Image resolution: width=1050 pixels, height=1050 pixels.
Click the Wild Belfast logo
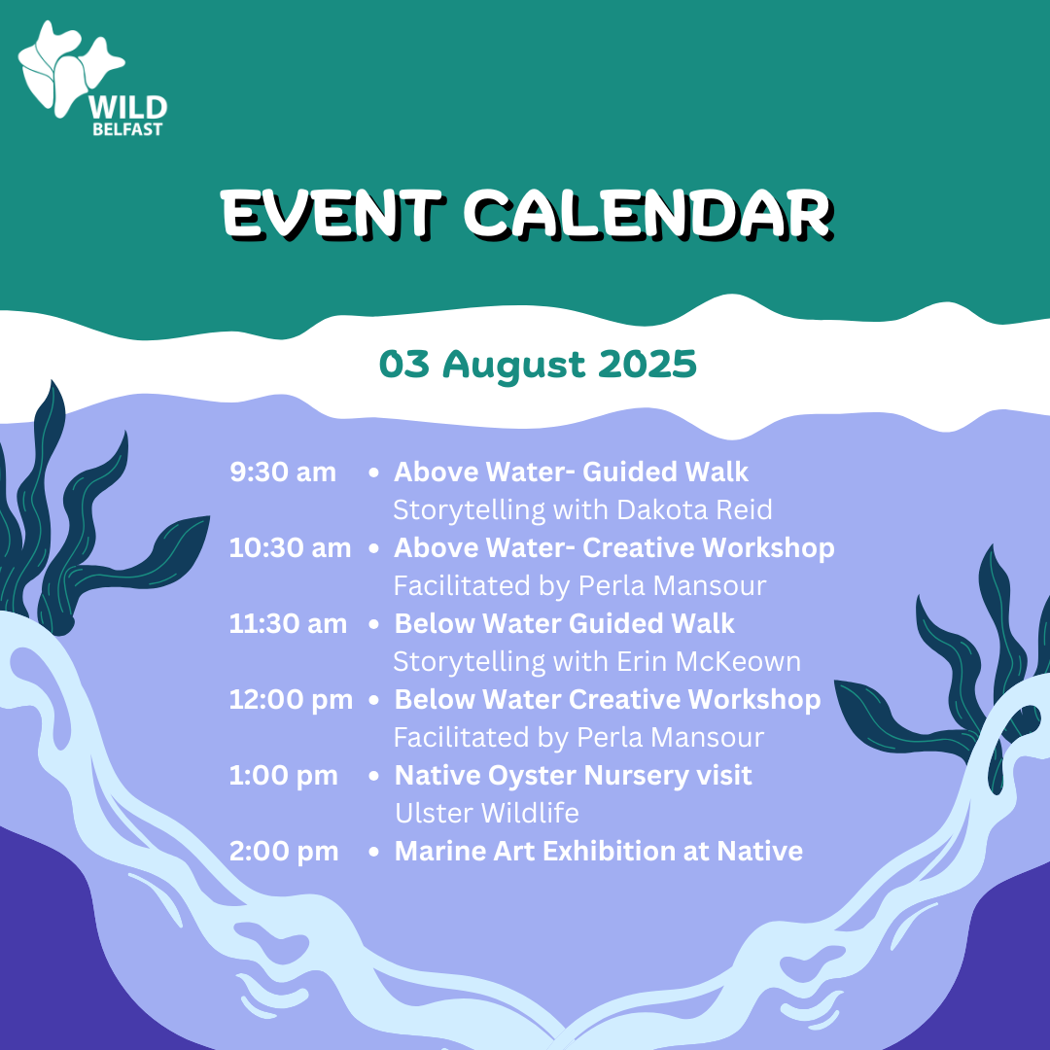(x=92, y=79)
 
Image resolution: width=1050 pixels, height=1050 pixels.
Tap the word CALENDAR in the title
(x=648, y=214)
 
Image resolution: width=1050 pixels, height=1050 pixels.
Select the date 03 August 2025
(x=538, y=365)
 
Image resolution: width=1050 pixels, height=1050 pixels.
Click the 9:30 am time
(x=283, y=472)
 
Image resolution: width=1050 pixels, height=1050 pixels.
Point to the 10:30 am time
(x=290, y=547)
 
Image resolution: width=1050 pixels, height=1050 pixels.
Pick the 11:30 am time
(x=288, y=623)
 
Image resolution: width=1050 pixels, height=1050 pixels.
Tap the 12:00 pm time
(x=291, y=700)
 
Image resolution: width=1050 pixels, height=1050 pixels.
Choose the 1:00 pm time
(x=283, y=776)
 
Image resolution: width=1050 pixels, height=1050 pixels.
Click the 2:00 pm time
(x=284, y=851)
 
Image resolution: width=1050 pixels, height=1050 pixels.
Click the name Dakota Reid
(x=694, y=509)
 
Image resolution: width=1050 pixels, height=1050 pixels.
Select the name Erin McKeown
(x=709, y=662)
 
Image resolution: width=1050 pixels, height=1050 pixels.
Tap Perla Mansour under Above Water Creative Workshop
(x=673, y=586)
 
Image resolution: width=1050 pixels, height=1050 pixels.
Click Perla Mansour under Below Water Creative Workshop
(x=671, y=737)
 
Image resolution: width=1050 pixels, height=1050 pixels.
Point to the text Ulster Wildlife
(x=487, y=813)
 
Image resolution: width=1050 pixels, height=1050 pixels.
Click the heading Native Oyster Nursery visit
(x=574, y=776)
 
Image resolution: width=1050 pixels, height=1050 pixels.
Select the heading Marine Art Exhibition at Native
(x=599, y=851)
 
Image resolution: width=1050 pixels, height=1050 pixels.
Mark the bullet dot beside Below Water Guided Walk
(x=373, y=624)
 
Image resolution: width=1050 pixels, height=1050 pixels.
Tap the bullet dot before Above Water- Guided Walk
(x=373, y=472)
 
